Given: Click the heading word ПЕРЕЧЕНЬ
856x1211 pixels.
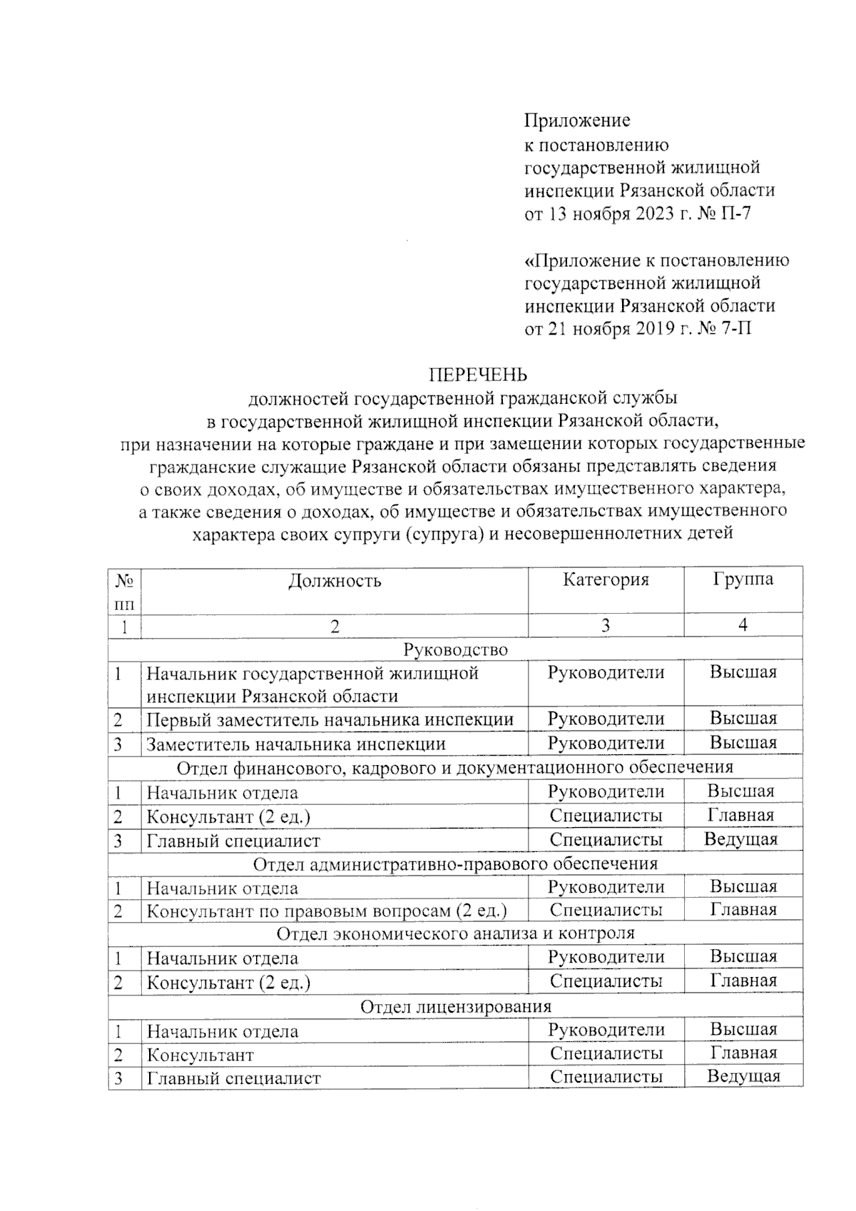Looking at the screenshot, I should pos(477,375).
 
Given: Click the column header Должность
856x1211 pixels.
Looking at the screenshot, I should pos(335,581).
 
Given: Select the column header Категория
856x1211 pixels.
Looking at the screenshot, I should pos(606,579).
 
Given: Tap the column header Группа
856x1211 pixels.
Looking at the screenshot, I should pos(743,579).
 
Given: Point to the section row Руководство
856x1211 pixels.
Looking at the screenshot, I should pos(455,649).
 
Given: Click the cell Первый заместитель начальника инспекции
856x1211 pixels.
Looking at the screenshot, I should pos(330,719).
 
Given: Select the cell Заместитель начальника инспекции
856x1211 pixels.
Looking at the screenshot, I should pos(296,744).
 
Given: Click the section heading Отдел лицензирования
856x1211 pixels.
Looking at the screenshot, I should pos(455,1007).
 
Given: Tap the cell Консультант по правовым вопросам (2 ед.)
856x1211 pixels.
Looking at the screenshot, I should pos(327,911).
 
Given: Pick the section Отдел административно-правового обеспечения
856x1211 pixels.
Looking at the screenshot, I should pos(455,864).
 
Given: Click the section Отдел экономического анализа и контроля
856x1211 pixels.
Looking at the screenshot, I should pos(455,933).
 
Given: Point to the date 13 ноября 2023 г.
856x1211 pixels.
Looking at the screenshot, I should pos(617,213).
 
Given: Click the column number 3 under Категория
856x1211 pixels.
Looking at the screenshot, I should pos(605,626).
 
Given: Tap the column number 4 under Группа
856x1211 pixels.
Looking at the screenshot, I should pos(743,626).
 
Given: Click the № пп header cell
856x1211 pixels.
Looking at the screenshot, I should pos(125,591).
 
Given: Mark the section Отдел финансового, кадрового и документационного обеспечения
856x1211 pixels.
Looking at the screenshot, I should pos(455,768).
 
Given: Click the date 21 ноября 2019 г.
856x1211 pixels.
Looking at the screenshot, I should pos(617,328).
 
